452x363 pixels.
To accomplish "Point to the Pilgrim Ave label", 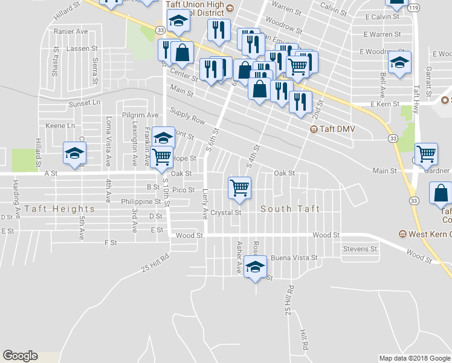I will (140, 115).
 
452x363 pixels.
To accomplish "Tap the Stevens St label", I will (360, 249).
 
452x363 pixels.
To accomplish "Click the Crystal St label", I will (225, 213).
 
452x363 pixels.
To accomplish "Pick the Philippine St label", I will (141, 201).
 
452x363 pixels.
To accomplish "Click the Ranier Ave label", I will (71, 31).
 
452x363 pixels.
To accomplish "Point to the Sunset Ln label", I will (84, 103).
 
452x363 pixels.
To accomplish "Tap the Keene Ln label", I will (60, 126).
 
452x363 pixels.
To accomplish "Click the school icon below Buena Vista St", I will (256, 267).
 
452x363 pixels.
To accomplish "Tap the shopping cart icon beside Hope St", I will (162, 155).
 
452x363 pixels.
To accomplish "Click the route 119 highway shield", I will (413, 9).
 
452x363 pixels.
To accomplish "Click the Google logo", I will (20, 356).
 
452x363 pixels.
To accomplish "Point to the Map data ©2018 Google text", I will (414, 358).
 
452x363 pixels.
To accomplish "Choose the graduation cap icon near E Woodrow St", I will (399, 63).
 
